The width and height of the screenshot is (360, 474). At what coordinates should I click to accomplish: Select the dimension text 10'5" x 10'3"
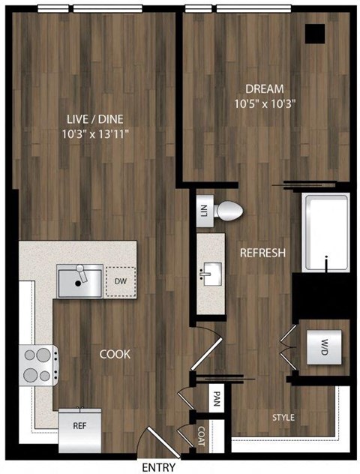click(x=257, y=104)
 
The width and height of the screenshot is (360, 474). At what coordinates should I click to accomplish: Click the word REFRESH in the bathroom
click(x=262, y=253)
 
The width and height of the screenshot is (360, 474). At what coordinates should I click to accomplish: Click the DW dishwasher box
click(x=121, y=282)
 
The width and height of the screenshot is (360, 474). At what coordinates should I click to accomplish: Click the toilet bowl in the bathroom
click(x=227, y=212)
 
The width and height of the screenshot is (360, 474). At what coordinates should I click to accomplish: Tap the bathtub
click(x=325, y=232)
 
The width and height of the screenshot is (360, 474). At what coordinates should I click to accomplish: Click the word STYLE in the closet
click(x=283, y=417)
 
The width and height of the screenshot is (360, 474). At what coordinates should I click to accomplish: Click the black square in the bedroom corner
click(x=315, y=34)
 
